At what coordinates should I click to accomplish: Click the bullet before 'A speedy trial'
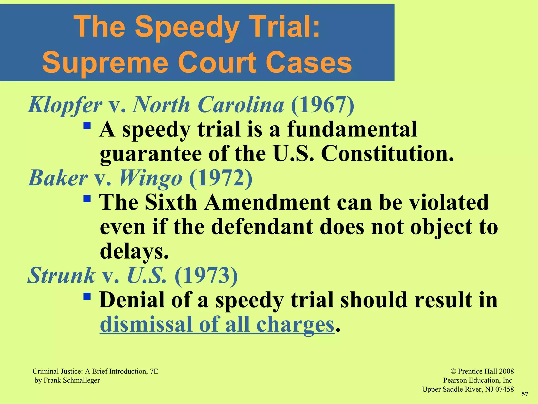coord(87,125)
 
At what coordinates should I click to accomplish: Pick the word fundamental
coord(352,129)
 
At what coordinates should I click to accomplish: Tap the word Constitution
coord(387,154)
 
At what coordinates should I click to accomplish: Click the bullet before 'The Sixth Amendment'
coord(87,198)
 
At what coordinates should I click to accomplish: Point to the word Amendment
coord(267,203)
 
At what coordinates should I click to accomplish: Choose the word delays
coord(134,251)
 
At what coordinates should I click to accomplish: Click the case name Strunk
coord(61,275)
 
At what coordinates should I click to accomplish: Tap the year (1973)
coord(206,275)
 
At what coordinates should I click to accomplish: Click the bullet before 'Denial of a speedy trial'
coord(87,296)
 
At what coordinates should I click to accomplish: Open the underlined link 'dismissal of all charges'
coord(217,325)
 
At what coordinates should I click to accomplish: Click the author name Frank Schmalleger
coord(72,380)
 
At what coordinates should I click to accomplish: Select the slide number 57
coord(525,394)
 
